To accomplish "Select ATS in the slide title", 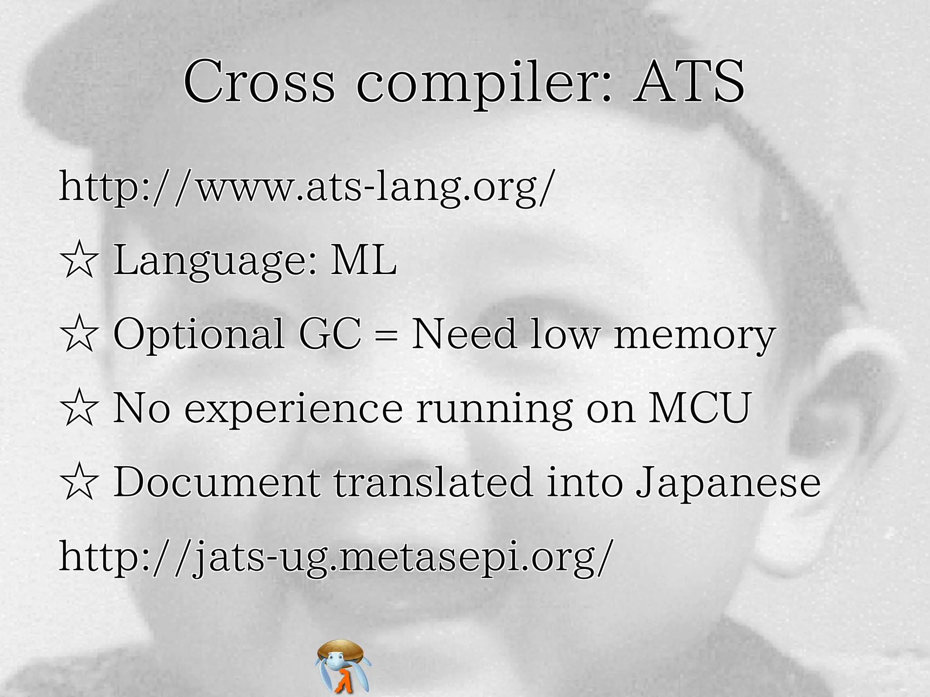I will (x=688, y=82).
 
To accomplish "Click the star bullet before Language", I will (x=79, y=260).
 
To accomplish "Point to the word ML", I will (x=363, y=260).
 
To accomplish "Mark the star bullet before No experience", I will (x=79, y=409).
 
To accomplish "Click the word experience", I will (x=293, y=410).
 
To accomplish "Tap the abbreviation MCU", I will (x=699, y=408).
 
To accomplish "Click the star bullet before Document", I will (x=79, y=483).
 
